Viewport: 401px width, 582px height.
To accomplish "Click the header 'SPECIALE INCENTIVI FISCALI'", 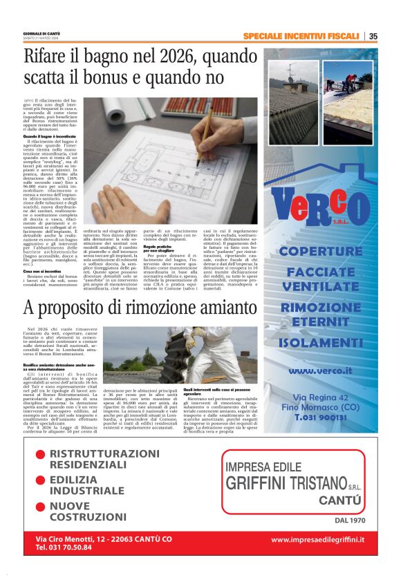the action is (301, 36).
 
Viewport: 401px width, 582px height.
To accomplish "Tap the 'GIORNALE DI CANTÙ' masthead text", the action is (42, 32).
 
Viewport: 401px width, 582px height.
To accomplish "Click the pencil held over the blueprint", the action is (207, 132).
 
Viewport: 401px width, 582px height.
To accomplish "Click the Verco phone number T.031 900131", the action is (320, 418).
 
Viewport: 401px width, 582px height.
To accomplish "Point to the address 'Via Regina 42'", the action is (320, 397).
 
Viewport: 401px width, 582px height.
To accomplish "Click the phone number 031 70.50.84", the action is (64, 547).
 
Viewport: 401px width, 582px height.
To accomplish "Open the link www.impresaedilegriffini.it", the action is (317, 539).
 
